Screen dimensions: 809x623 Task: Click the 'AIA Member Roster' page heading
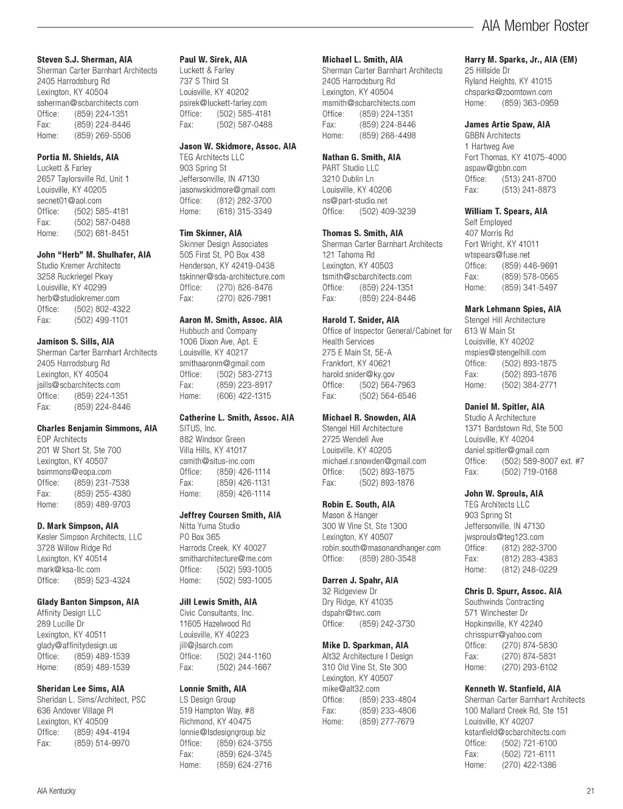pyautogui.click(x=535, y=26)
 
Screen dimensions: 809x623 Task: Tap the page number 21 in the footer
pyautogui.click(x=590, y=791)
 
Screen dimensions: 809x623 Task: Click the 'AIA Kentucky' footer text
pyautogui.click(x=57, y=791)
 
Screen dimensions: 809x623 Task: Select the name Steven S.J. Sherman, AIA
pyautogui.click(x=85, y=60)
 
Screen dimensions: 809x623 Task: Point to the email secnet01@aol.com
pyautogui.click(x=69, y=201)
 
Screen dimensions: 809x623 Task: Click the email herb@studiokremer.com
pyautogui.click(x=78, y=298)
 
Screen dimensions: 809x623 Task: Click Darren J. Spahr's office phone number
pyautogui.click(x=387, y=624)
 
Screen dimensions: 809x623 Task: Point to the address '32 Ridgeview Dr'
pyautogui.click(x=350, y=591)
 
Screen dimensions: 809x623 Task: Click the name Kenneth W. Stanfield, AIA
pyautogui.click(x=513, y=689)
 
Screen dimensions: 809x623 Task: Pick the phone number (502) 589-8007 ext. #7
pyautogui.click(x=543, y=461)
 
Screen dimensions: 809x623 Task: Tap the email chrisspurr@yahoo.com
pyautogui.click(x=503, y=635)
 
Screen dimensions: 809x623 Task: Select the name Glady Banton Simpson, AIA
pyautogui.click(x=88, y=602)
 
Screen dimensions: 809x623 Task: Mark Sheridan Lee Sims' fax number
pyautogui.click(x=102, y=743)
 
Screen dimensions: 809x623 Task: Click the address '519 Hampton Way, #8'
pyautogui.click(x=217, y=710)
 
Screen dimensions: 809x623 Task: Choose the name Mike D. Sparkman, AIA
pyautogui.click(x=366, y=645)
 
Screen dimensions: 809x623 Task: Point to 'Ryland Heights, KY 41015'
pyautogui.click(x=509, y=82)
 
